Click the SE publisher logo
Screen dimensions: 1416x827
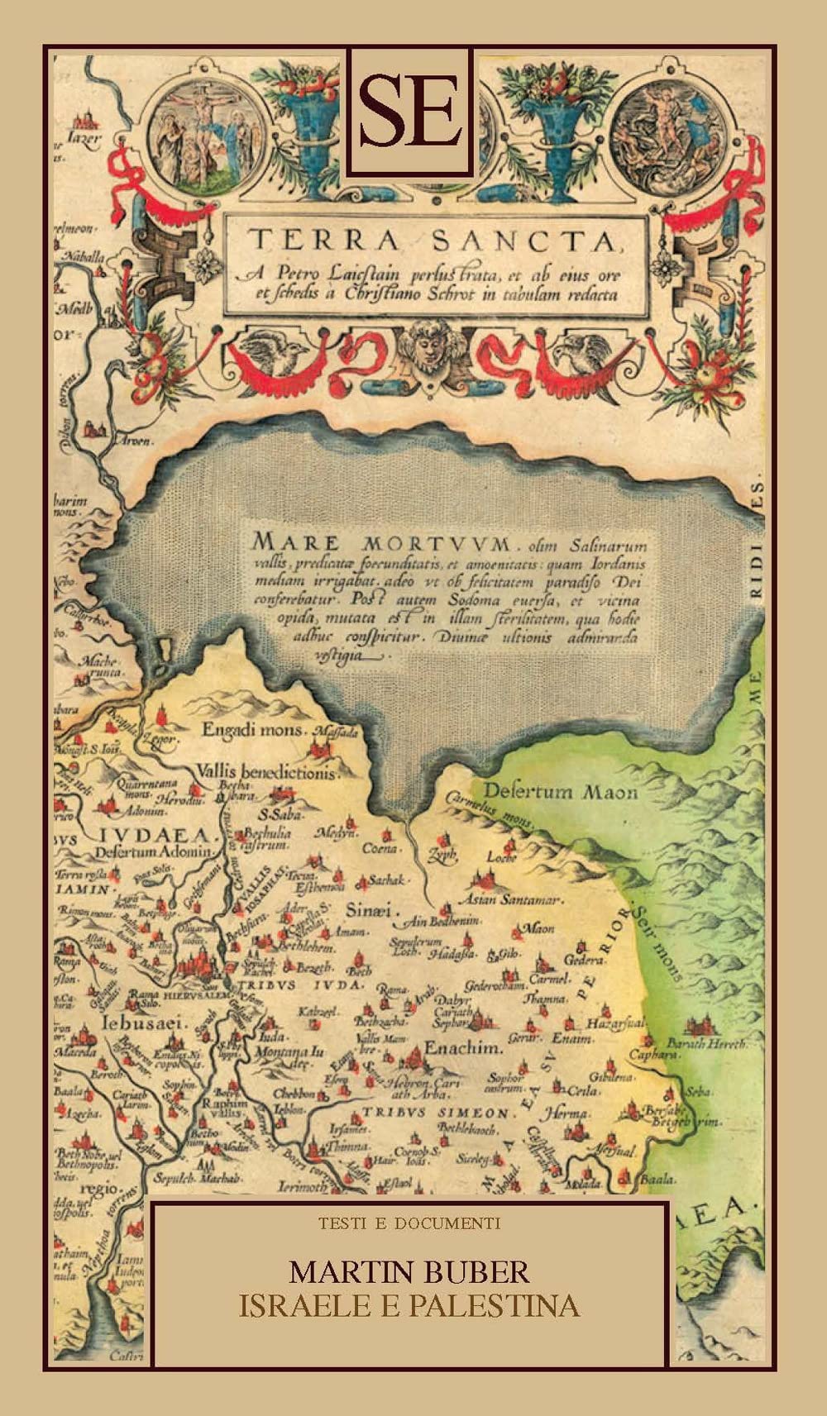click(410, 111)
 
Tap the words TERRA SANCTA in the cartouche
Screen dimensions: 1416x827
click(435, 241)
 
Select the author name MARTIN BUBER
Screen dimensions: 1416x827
click(409, 1272)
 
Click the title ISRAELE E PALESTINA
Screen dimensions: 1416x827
click(409, 1307)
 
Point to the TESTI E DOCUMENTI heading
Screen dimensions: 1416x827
click(409, 1223)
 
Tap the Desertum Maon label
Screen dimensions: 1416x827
click(560, 792)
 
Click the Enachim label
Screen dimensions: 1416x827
click(463, 1048)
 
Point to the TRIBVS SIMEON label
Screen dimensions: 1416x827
click(438, 1113)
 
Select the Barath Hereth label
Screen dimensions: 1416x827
click(706, 1043)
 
